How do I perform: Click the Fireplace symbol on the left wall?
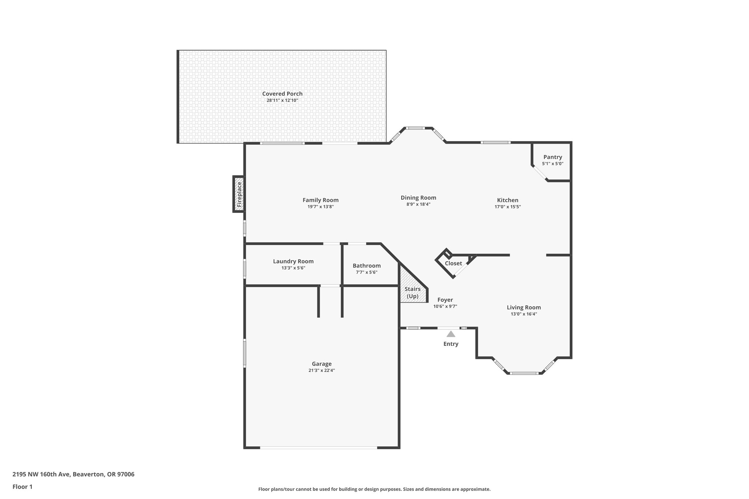pos(239,194)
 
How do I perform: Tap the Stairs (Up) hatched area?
pos(413,289)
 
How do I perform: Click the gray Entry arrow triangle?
pos(451,334)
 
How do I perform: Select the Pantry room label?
pos(553,157)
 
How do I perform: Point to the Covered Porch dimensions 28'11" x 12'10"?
pos(282,101)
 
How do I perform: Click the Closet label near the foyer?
pos(453,264)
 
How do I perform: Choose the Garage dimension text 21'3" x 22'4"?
pos(321,370)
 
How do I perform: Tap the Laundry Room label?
pos(293,261)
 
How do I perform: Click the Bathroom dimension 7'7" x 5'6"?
pos(366,272)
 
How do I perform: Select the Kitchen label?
pos(507,200)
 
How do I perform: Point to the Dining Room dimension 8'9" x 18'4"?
pos(418,204)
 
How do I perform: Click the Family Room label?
pos(320,200)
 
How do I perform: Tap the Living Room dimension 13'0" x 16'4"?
pos(524,314)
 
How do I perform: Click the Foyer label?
pos(445,300)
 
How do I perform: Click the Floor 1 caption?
pos(22,487)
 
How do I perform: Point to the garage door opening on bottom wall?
pos(318,447)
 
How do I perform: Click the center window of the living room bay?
pos(524,373)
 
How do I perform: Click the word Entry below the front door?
pos(451,344)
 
